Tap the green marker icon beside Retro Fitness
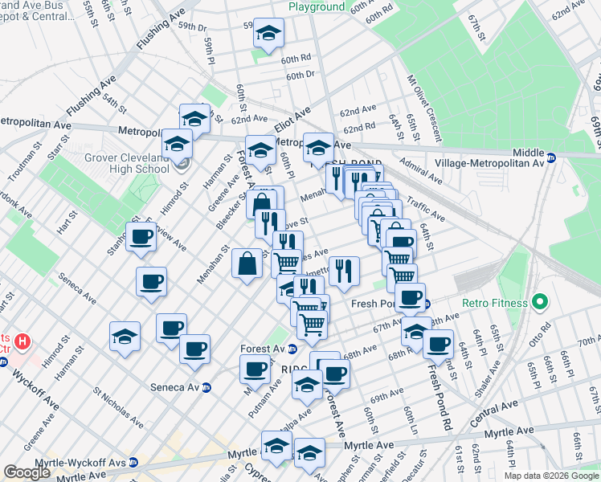click(x=540, y=304)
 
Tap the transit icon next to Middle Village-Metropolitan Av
click(x=551, y=158)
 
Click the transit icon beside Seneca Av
click(x=206, y=387)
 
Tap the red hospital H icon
click(x=22, y=341)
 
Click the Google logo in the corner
click(x=27, y=472)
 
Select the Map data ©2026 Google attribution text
click(x=551, y=475)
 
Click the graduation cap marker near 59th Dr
click(x=268, y=34)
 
